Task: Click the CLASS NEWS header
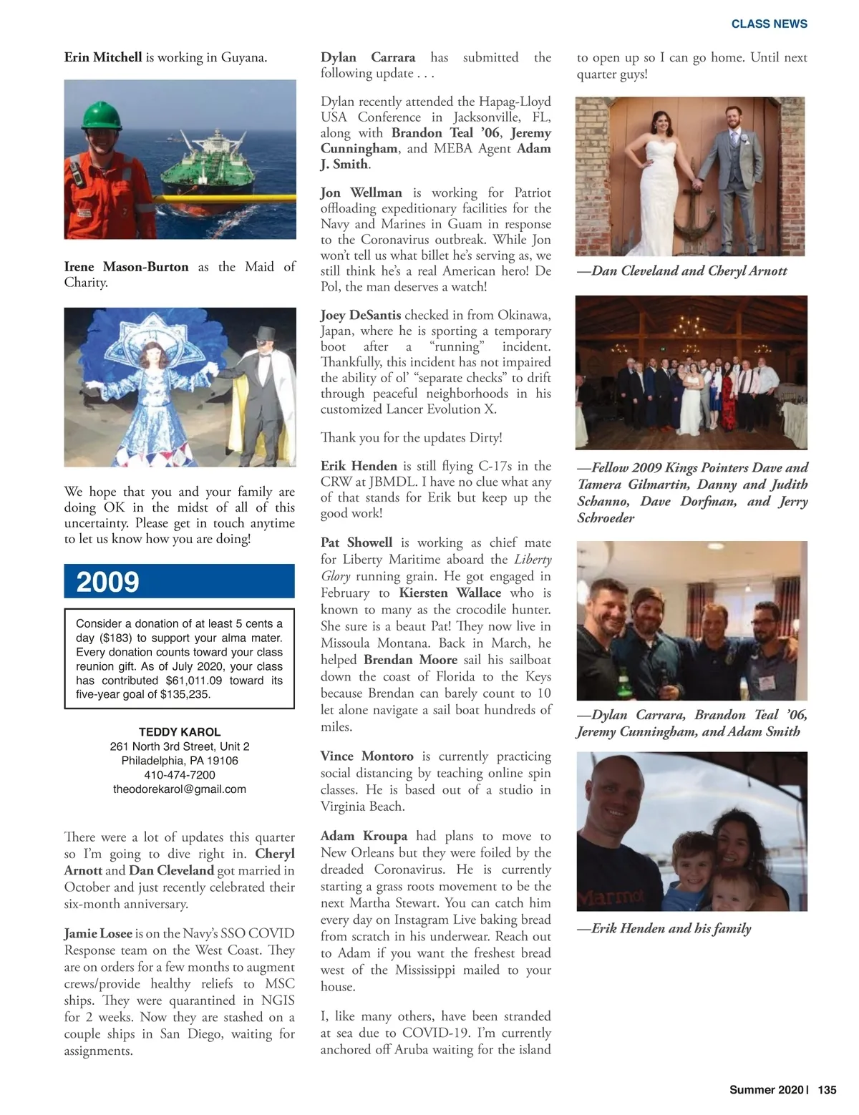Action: point(769,24)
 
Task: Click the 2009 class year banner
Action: point(179,581)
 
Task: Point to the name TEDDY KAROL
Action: point(179,732)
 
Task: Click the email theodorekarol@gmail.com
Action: point(179,789)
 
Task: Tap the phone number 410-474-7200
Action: point(179,775)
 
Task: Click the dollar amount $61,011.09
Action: point(194,681)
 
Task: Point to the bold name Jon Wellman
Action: point(361,193)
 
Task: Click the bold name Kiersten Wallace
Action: point(450,593)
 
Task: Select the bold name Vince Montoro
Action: point(367,756)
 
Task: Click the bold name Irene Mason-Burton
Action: point(126,267)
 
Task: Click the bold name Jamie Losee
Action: point(98,933)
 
